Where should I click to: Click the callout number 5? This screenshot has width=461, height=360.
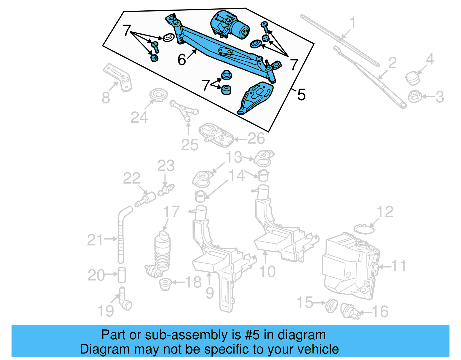click(x=301, y=95)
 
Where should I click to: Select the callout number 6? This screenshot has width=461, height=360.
click(x=182, y=60)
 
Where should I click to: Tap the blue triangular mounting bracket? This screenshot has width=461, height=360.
click(x=255, y=99)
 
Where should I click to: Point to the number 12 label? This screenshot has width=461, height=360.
click(x=385, y=212)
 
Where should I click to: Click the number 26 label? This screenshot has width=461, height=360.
click(x=256, y=139)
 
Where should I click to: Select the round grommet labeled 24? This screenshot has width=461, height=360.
click(x=158, y=95)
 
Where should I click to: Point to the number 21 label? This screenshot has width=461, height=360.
click(x=95, y=240)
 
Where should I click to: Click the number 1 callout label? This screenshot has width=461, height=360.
click(x=353, y=23)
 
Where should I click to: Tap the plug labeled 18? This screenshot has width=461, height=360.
click(x=165, y=284)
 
